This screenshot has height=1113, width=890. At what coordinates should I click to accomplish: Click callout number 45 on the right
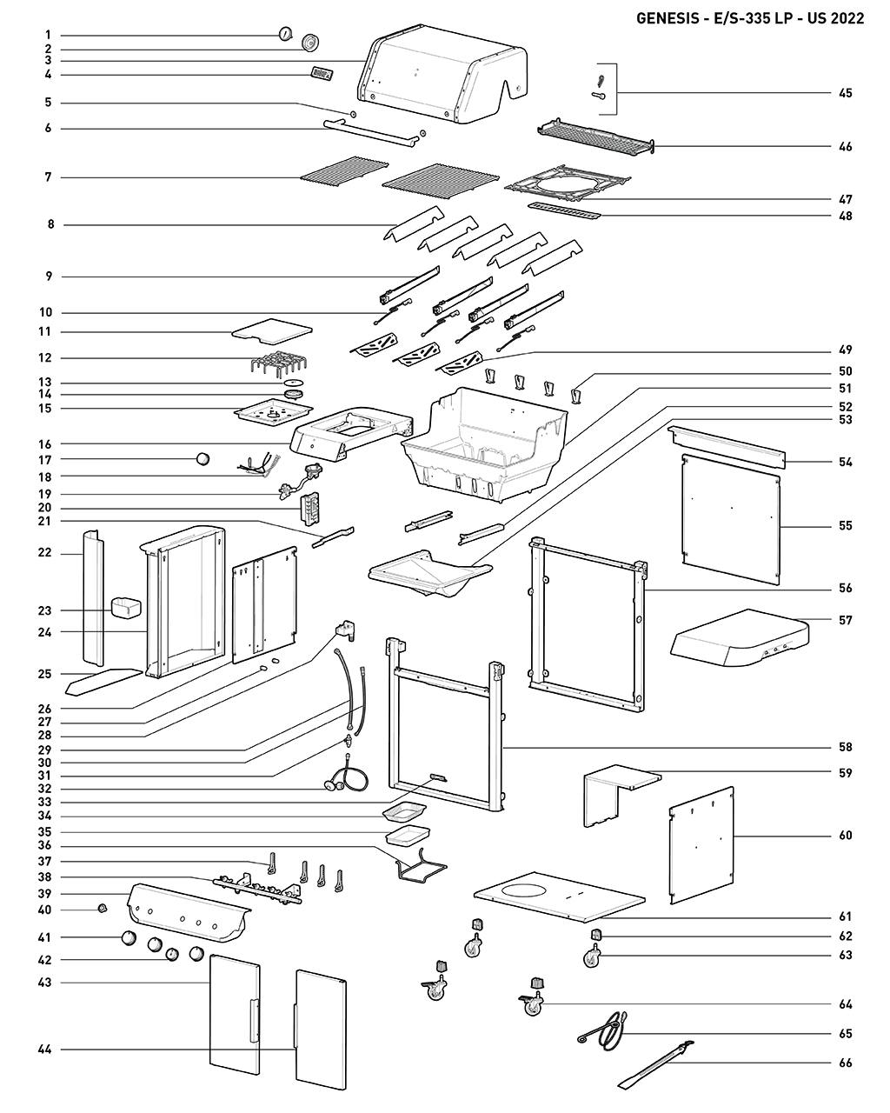(x=845, y=93)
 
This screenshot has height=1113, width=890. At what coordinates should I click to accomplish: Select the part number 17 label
(x=44, y=459)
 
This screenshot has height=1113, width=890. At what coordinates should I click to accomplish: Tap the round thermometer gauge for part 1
(x=285, y=34)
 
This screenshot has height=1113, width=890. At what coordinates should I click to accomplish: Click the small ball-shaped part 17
(x=203, y=459)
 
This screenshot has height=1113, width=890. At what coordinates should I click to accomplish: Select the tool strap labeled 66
(x=655, y=1064)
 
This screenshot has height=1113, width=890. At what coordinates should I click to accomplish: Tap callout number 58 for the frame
(x=845, y=747)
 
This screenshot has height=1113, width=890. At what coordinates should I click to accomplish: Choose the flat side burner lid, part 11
(x=271, y=330)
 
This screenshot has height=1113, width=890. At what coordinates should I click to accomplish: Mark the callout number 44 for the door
(x=44, y=1050)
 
